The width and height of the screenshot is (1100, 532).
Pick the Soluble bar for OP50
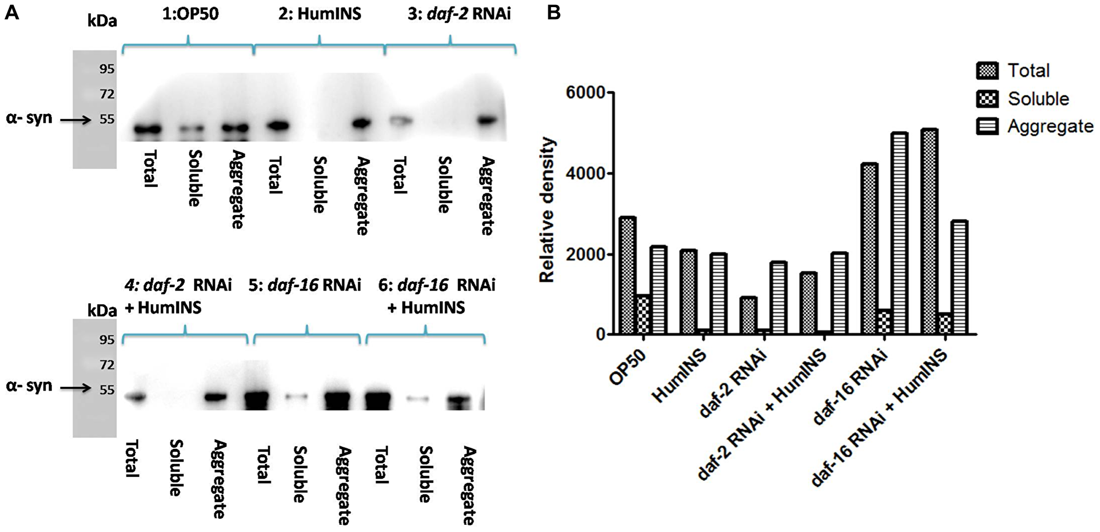[643, 315]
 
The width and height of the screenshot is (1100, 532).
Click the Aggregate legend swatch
[987, 127]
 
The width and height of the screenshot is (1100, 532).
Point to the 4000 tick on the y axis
[608, 174]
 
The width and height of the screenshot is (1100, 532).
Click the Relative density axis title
[547, 210]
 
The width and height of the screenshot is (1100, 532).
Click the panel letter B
[553, 12]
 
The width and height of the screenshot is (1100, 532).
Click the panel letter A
[12, 12]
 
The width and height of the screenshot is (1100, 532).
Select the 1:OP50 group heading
[190, 14]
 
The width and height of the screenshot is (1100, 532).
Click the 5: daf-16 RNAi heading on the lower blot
[304, 286]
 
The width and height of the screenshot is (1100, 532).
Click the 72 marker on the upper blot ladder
[107, 94]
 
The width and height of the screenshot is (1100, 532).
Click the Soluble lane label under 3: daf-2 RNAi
[444, 184]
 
